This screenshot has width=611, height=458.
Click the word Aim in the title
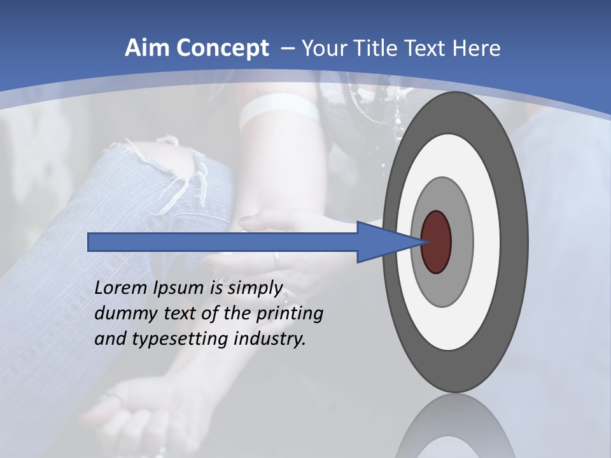143,48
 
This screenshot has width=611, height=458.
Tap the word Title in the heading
380,48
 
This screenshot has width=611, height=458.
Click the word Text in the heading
430,48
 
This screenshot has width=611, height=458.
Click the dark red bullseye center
436,242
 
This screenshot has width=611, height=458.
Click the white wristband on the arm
280,111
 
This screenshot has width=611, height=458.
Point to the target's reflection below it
455,429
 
